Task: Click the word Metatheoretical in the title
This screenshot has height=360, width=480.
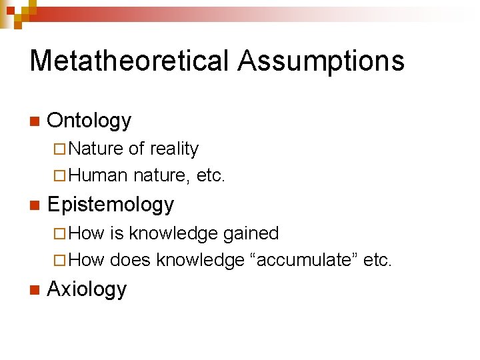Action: point(129,61)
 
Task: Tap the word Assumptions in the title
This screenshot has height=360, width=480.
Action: point(321,61)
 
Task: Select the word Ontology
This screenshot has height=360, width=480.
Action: point(89,121)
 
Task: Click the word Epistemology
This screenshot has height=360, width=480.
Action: point(111,205)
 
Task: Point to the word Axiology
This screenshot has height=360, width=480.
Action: point(87,289)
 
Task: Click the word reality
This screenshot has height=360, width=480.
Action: point(175,149)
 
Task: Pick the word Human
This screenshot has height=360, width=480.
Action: point(97,175)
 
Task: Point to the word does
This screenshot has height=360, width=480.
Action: point(131,260)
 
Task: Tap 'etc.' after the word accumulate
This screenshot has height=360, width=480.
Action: point(378,260)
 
